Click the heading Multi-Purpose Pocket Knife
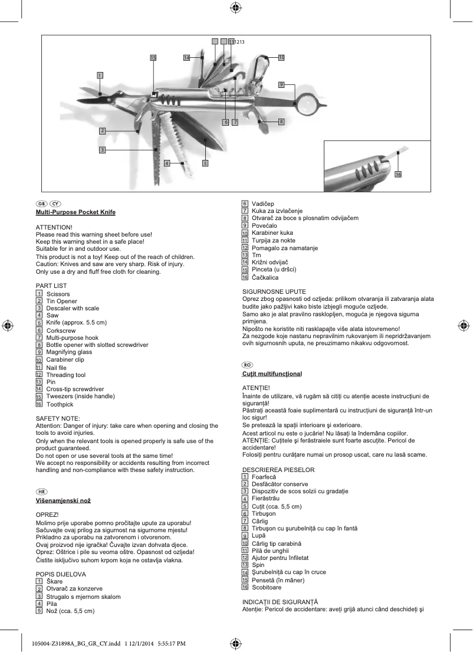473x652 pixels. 75,212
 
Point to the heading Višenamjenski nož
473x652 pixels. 63,500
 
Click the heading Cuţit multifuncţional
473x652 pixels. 272,374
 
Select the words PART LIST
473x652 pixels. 51,286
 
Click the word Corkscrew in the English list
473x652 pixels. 61,331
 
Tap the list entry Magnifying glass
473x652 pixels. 69,352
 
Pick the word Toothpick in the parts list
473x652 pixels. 60,405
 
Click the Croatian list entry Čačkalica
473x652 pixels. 265,277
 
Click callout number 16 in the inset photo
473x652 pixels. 398,175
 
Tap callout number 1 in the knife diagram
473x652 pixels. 100,75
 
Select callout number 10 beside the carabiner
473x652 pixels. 281,57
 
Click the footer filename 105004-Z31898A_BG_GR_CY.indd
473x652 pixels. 70,643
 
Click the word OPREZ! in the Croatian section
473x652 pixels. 48,515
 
